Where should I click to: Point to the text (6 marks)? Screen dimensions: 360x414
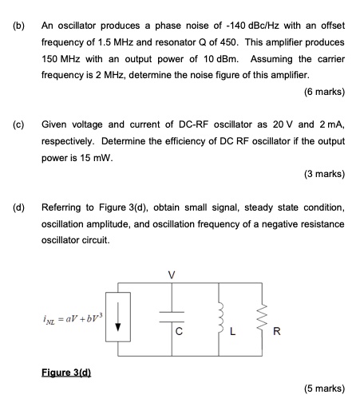tap(324, 92)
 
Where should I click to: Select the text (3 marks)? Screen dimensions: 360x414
tap(324, 175)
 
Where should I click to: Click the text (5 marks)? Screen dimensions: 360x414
tap(324, 390)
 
